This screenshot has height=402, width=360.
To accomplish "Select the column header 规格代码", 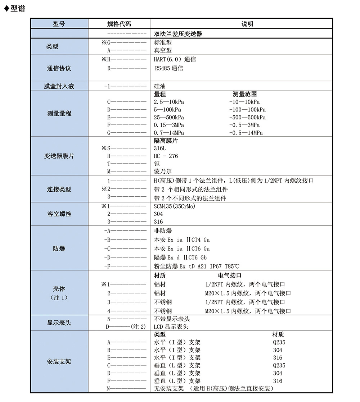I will pos(119,24).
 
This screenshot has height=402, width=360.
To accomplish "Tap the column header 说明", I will pos(247,24).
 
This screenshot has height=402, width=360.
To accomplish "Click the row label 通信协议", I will pos(59,68).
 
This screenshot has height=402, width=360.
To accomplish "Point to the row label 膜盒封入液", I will pos(59,86).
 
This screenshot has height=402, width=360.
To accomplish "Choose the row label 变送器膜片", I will pos(59,156).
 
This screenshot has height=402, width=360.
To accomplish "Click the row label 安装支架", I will pos(59,361).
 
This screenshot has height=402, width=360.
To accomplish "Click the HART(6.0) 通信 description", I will pos(175,59).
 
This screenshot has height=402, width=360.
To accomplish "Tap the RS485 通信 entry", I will pos(169,68).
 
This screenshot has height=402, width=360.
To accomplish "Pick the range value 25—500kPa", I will pos(169,117).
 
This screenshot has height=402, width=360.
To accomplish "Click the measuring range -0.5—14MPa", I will pos(246,133).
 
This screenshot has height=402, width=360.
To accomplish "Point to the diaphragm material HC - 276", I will pos(166,156).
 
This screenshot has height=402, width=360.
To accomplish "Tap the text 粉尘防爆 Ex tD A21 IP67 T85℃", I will pos(197,266).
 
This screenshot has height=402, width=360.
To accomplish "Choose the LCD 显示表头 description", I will pos(171,327).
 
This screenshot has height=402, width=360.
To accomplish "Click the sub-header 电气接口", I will pos(230,276).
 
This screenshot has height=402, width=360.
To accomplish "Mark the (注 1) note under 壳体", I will pos(59,298).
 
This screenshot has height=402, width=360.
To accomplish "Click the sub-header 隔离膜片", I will pos(166,141).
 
